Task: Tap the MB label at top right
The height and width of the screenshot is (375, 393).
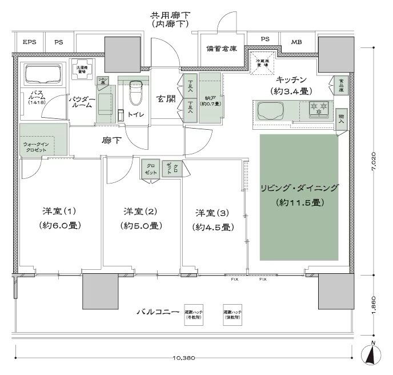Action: click(x=296, y=42)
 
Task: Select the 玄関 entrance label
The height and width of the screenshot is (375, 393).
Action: click(x=167, y=99)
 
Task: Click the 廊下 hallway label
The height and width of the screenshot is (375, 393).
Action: click(x=111, y=140)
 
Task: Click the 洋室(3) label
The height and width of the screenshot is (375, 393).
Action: click(x=212, y=213)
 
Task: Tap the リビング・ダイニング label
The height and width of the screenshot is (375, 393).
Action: click(x=299, y=188)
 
